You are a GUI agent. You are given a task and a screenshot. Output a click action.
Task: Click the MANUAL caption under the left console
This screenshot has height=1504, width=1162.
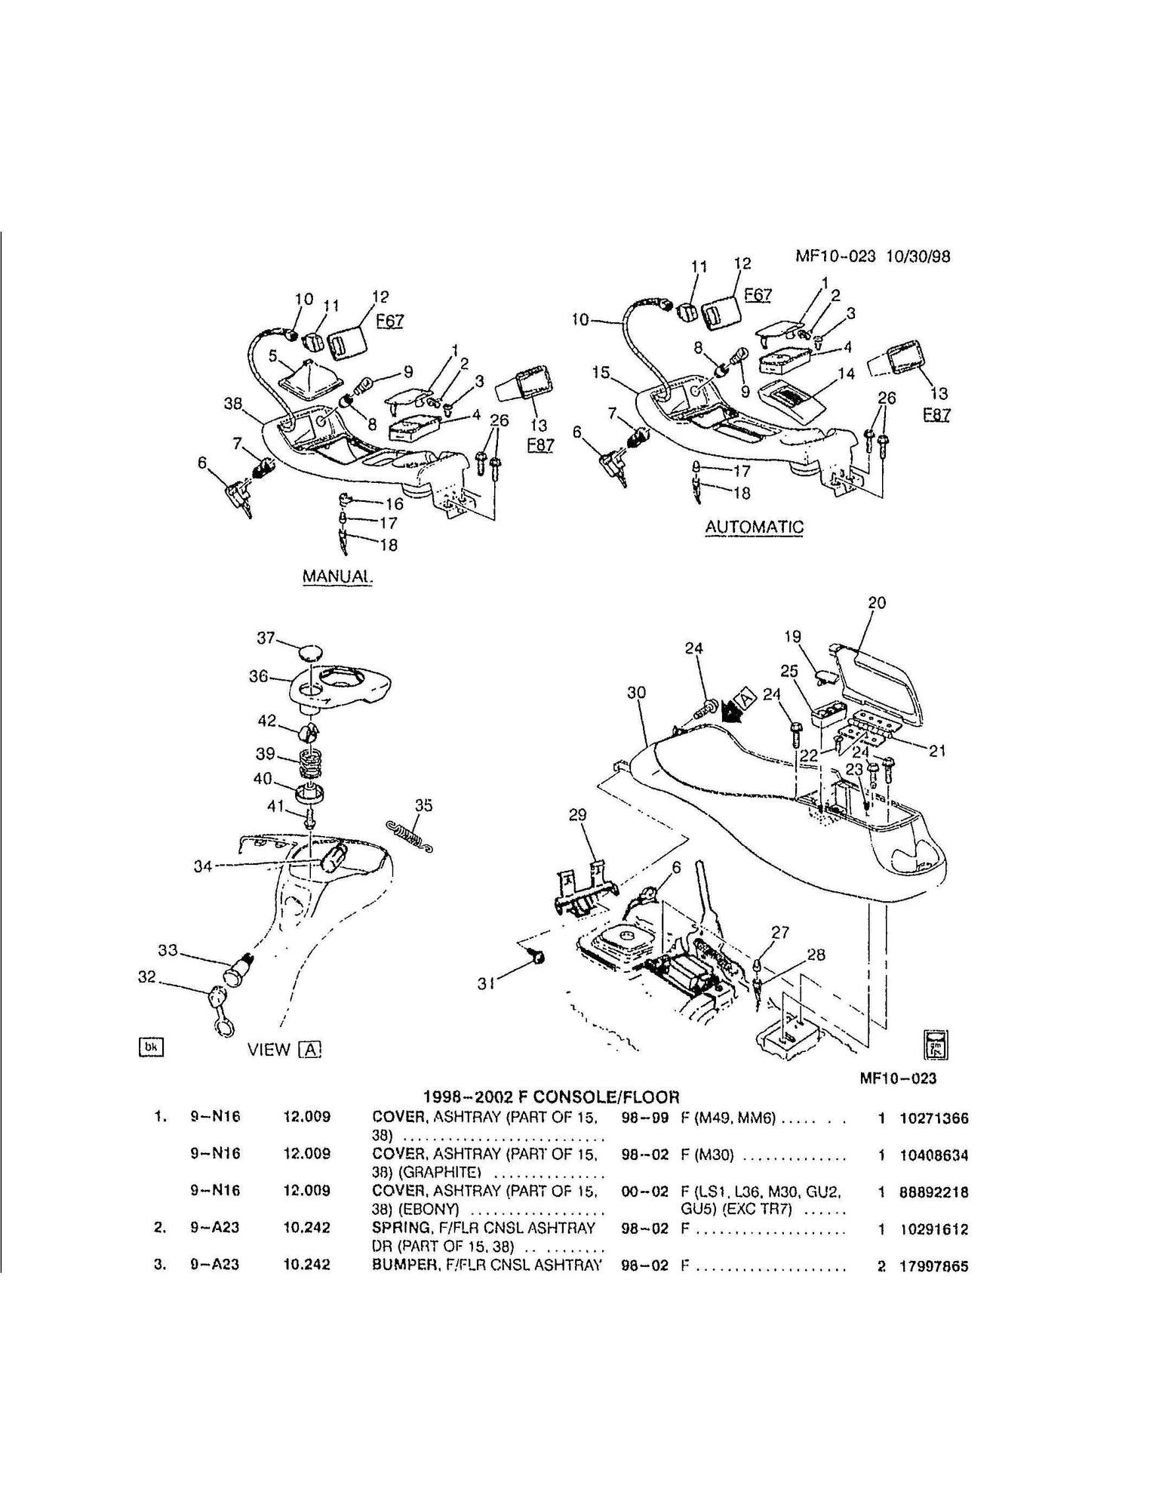(337, 576)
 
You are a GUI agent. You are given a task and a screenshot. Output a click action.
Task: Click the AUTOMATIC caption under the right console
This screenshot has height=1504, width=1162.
(755, 527)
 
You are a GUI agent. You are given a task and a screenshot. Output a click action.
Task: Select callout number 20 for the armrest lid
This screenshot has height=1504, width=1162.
(877, 603)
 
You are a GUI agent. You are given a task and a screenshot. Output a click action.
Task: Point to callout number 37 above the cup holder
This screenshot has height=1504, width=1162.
(266, 638)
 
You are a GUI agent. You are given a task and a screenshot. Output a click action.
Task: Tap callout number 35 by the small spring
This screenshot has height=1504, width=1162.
(424, 806)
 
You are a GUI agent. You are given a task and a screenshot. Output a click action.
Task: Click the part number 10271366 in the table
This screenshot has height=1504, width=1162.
(934, 1119)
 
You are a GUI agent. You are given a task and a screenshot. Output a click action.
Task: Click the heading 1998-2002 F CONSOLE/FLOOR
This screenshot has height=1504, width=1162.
(551, 1096)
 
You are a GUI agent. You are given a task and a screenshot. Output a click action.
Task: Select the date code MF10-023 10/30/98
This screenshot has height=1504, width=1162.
(873, 256)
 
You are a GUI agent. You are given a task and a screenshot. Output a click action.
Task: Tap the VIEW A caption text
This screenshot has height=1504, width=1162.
(285, 1049)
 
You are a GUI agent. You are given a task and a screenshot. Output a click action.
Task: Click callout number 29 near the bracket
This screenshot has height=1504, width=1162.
(577, 816)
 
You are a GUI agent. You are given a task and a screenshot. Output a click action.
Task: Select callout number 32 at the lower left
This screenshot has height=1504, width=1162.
(146, 977)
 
